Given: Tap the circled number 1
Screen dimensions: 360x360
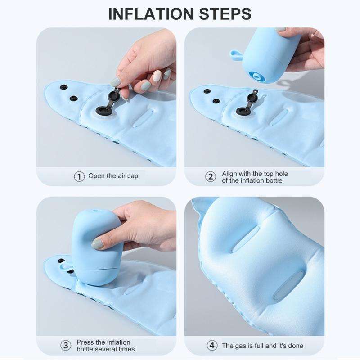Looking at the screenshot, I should pyautogui.click(x=79, y=176).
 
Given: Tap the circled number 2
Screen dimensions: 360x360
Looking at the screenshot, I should pyautogui.click(x=211, y=176).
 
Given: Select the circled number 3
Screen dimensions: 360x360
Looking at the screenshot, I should pyautogui.click(x=66, y=346).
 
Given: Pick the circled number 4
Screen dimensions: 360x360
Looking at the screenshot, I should pyautogui.click(x=211, y=346).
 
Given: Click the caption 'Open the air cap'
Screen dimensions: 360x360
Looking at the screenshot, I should pyautogui.click(x=113, y=176).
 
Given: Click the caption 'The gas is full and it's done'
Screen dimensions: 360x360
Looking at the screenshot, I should pyautogui.click(x=262, y=346).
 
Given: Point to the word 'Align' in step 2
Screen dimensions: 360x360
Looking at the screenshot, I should pyautogui.click(x=230, y=173).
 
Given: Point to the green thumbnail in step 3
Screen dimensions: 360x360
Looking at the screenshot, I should pyautogui.click(x=97, y=244).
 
